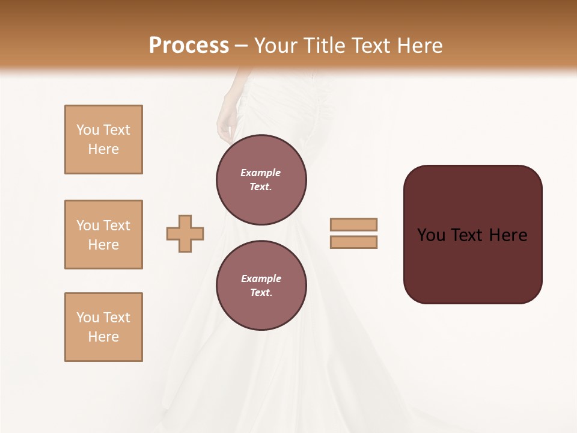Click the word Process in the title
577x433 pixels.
coord(189,45)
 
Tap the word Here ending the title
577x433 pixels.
coord(418,45)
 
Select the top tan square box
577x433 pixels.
coord(103,140)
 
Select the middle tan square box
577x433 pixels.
coord(103,235)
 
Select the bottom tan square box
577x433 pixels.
coord(103,327)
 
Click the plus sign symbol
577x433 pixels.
coord(185,233)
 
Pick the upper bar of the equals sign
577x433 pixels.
coord(353,224)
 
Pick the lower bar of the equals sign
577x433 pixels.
coord(353,242)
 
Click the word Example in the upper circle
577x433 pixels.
coord(261,173)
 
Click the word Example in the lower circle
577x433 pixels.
coord(261,278)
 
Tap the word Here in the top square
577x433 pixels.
coord(103,149)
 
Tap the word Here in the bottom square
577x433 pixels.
coord(103,337)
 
